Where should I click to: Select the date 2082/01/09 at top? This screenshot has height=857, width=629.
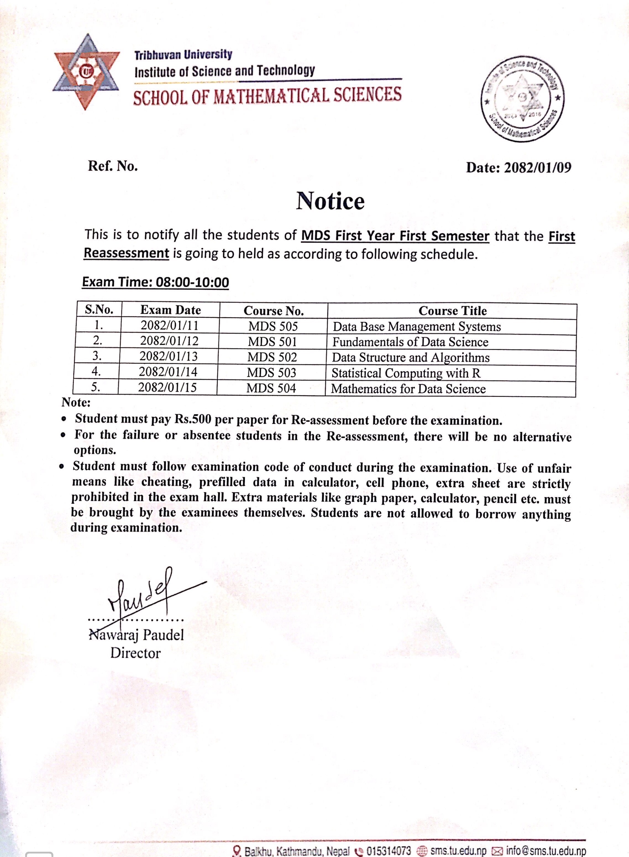(537, 167)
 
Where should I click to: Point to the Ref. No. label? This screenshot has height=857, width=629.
(113, 166)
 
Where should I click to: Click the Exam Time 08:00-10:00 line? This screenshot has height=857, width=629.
(155, 282)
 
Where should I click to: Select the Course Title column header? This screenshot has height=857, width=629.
(452, 311)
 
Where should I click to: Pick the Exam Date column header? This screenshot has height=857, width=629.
(170, 310)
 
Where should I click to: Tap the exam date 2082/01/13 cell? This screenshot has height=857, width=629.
(168, 356)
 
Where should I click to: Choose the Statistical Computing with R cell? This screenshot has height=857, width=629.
(406, 373)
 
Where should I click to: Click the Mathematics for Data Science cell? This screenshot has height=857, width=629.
(408, 389)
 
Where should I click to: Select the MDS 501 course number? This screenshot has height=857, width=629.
(272, 342)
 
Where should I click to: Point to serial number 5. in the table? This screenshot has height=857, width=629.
(96, 387)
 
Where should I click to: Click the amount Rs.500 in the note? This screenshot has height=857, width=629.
(193, 419)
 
